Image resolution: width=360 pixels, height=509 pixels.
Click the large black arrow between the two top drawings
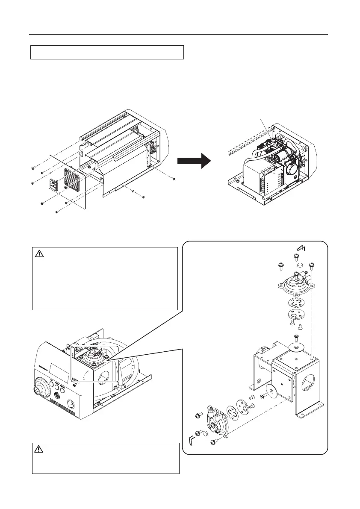[x=194, y=162]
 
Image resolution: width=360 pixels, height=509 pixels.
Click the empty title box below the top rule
[x=107, y=52]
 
